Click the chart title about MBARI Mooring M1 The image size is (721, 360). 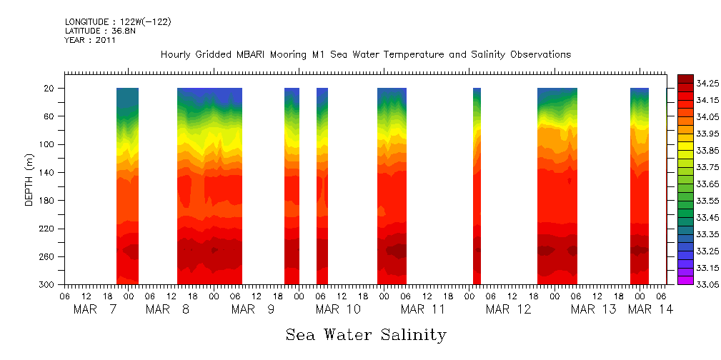[x=365, y=55]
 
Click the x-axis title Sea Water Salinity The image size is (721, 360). [x=366, y=334]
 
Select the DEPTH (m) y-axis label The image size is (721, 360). [x=29, y=183]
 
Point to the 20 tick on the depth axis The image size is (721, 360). [x=50, y=88]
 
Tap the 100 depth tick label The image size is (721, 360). [x=48, y=144]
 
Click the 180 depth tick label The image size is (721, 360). [x=48, y=201]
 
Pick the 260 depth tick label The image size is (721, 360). [x=48, y=256]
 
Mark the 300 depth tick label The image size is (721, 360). [x=48, y=284]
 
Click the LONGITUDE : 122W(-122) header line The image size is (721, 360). [x=118, y=22]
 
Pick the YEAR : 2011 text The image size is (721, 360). [x=90, y=41]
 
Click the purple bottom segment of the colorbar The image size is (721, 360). [x=685, y=281]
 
